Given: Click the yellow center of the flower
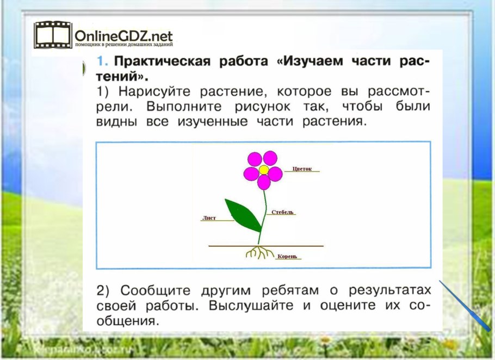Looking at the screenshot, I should [x=263, y=170].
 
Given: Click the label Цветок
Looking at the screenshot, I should [x=302, y=169].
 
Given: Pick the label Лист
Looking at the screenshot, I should [x=209, y=218].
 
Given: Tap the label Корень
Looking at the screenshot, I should [x=287, y=256].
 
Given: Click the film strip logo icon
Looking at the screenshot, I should [x=52, y=35].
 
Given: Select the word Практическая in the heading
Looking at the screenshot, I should [x=164, y=61].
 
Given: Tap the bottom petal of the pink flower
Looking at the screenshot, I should [x=264, y=183].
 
